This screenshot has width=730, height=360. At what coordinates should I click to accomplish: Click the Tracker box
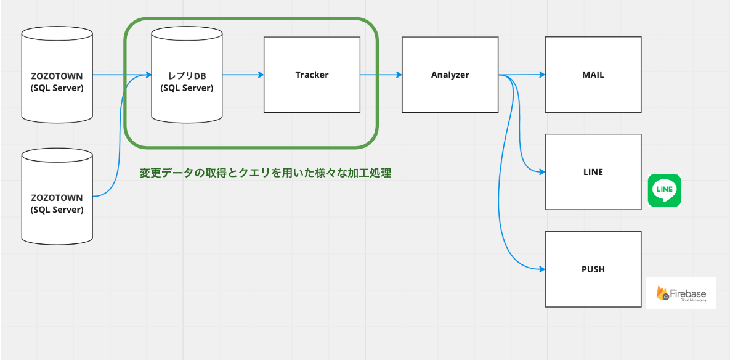[312, 92]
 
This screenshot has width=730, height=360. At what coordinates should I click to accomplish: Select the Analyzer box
[450, 92]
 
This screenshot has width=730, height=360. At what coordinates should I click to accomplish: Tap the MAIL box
[593, 92]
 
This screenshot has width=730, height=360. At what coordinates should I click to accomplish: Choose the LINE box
[593, 188]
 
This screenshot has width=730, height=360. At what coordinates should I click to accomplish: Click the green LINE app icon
[664, 190]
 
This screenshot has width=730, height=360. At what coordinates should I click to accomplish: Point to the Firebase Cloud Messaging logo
[681, 293]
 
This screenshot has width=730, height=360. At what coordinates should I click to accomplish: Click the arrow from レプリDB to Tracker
[243, 75]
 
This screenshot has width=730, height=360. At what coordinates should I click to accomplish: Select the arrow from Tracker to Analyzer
[381, 75]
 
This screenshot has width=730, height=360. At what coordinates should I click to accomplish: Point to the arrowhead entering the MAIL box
[542, 75]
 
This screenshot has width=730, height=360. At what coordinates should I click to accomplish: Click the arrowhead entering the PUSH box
[542, 269]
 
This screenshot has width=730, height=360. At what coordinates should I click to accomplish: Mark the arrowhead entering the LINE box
[542, 172]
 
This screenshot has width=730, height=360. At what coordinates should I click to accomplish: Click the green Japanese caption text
[265, 173]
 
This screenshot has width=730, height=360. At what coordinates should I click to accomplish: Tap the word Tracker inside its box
[312, 75]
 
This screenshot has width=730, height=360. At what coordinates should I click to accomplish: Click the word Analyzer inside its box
[450, 75]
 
